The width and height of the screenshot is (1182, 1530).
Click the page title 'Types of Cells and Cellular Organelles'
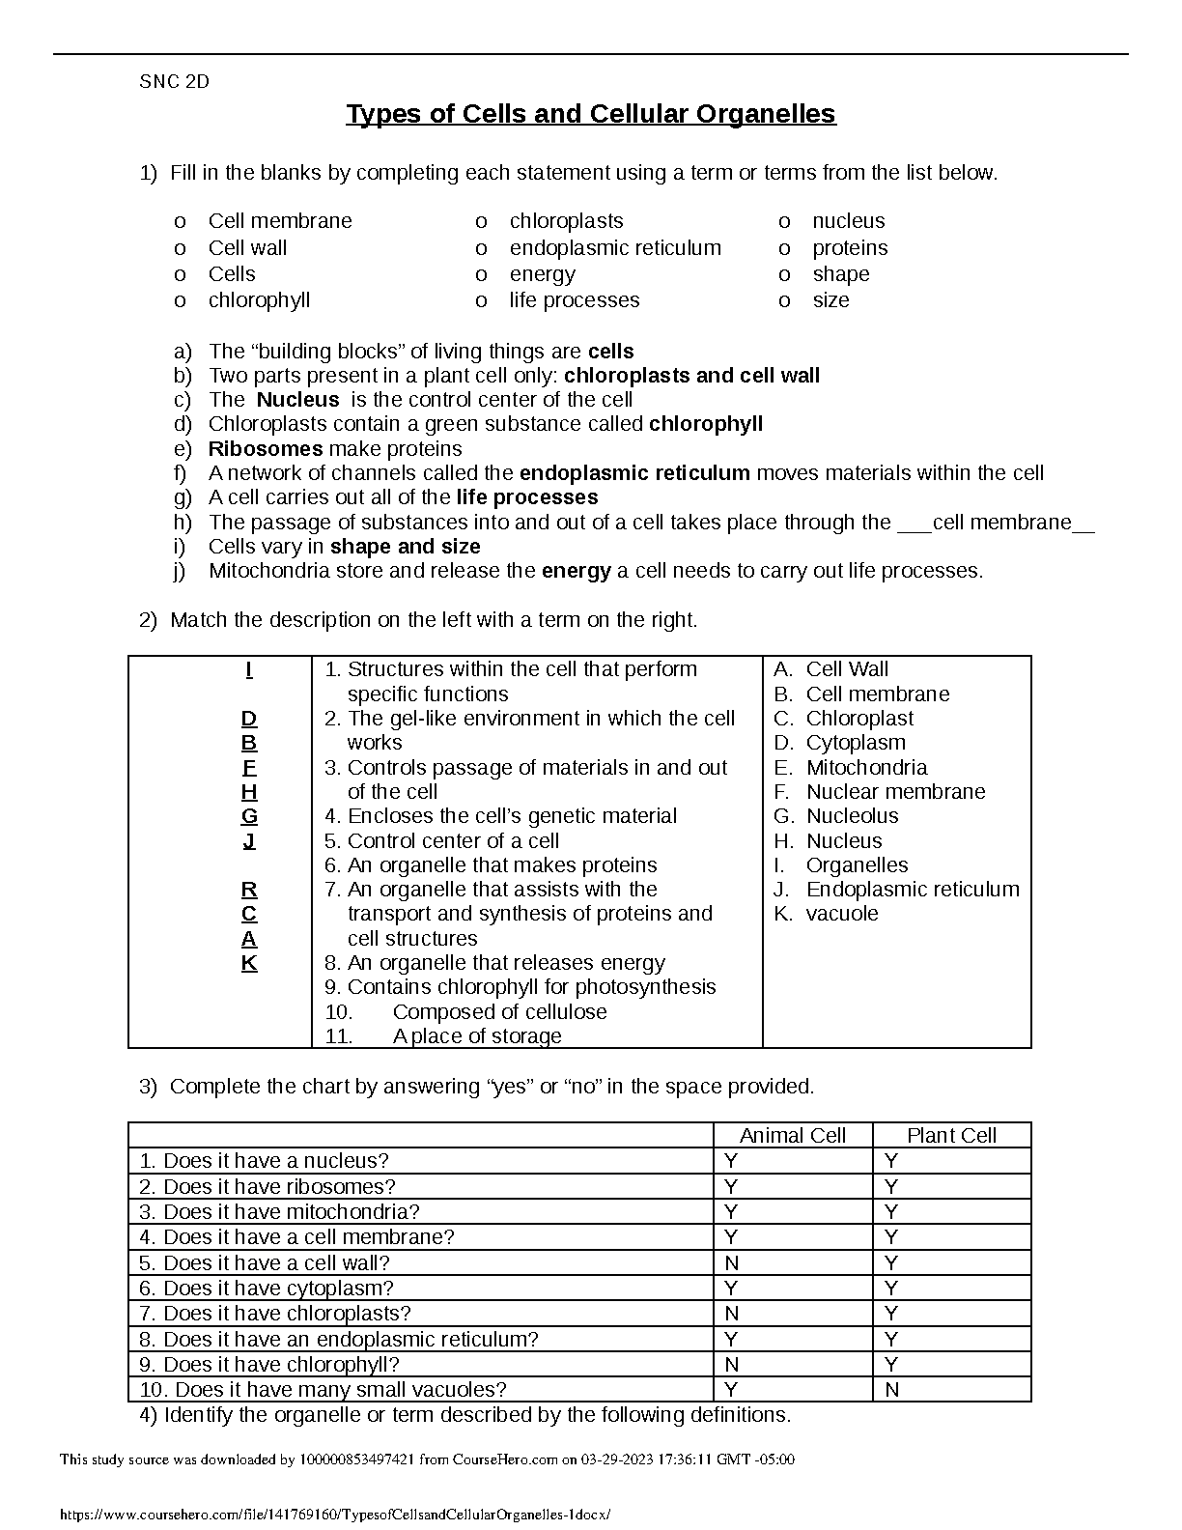[590, 114]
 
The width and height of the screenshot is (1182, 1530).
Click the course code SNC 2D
[174, 82]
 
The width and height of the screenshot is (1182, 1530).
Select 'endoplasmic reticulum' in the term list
[615, 248]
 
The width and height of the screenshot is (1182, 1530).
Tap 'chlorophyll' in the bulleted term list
[259, 300]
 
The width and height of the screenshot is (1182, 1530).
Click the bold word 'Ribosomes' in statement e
[266, 449]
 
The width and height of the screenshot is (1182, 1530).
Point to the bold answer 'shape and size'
[405, 547]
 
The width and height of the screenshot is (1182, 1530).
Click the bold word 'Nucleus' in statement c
[297, 400]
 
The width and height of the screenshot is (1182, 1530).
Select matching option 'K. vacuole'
[827, 914]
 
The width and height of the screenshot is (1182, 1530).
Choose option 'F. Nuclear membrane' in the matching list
[880, 792]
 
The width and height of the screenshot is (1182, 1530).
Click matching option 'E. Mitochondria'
[851, 768]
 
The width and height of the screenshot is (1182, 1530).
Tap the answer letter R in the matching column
[249, 890]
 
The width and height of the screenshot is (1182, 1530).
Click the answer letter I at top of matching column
[249, 669]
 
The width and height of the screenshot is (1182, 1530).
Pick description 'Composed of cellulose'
[499, 1012]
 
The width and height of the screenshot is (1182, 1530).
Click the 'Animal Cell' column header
[792, 1136]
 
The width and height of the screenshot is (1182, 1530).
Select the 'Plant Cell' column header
[951, 1136]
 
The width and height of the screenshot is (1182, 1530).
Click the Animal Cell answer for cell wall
[732, 1263]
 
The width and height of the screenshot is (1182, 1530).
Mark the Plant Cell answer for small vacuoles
[891, 1390]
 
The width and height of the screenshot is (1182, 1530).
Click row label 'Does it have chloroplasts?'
[287, 1314]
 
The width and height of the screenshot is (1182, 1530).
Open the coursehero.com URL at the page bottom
[335, 1516]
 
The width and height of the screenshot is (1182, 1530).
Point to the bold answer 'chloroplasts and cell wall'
[691, 376]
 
